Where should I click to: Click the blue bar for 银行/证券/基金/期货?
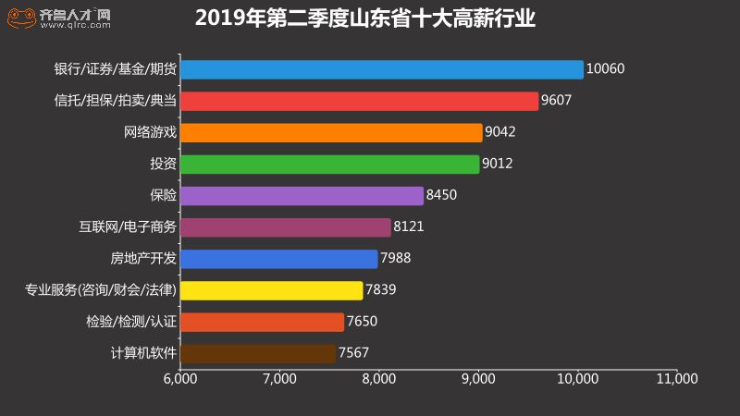click(381, 69)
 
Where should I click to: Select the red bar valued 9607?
click(359, 101)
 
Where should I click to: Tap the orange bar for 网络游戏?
click(331, 132)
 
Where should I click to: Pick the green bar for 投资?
click(329, 165)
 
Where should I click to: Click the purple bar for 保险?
click(302, 196)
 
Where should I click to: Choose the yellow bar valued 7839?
click(271, 290)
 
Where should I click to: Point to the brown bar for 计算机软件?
click(258, 353)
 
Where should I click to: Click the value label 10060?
click(606, 69)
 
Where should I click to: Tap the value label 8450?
click(442, 196)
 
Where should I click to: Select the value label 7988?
click(396, 259)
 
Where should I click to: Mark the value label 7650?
click(362, 322)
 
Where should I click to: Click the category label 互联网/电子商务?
click(128, 227)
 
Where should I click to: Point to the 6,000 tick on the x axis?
click(179, 379)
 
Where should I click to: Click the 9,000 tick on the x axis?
click(478, 379)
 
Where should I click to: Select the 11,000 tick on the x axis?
click(678, 379)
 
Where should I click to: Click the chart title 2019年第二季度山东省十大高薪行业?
click(365, 19)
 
